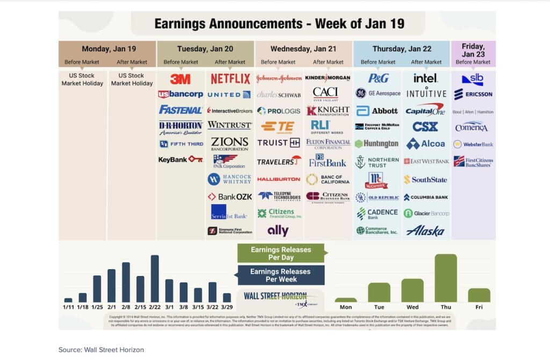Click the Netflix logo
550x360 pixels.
coord(230,79)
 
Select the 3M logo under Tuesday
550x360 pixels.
coord(180,79)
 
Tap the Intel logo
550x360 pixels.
coord(425,78)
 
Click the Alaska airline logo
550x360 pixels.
coord(425,231)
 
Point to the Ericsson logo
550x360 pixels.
coord(473,95)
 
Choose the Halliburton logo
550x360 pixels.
coord(279,179)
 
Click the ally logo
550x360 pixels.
coord(278,231)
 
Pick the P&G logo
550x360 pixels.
coord(378,78)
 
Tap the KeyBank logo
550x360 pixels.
coord(180,160)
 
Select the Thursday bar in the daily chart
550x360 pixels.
coord(446,278)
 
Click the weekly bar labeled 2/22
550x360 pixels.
coord(155,278)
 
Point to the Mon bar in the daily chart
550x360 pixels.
coord(345,300)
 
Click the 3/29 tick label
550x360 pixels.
coord(227,307)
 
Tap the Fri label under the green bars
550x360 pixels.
coord(479,307)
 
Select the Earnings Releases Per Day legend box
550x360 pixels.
coord(281,253)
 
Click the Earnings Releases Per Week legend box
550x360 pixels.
coord(281,275)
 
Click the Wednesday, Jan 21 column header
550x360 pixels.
coord(303,49)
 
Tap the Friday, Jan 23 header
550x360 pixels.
coord(473,51)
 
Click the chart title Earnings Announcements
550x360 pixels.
coord(279,24)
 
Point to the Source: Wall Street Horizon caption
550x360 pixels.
coord(101,350)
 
